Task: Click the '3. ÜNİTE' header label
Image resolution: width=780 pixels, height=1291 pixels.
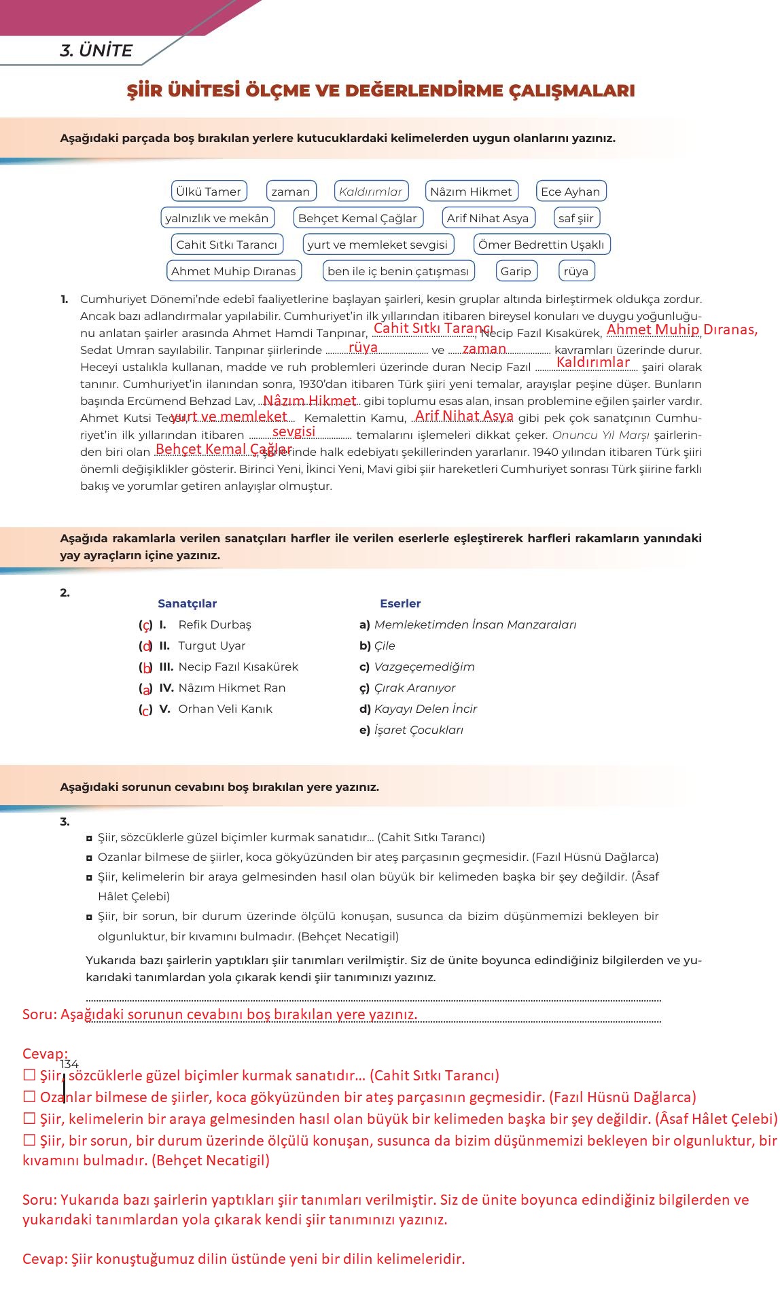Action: coord(96,51)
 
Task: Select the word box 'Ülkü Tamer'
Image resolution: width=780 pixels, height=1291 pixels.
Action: coord(209,192)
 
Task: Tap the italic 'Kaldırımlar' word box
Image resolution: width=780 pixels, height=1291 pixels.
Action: coord(371,192)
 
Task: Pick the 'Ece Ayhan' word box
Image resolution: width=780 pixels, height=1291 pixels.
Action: coord(570,192)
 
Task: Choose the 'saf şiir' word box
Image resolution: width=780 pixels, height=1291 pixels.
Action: coord(575,218)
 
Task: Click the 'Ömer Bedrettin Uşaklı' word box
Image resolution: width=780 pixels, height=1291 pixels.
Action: coord(541,245)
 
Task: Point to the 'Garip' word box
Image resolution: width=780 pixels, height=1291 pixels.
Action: coord(516,271)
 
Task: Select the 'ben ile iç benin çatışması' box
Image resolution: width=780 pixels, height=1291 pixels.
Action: coord(397,271)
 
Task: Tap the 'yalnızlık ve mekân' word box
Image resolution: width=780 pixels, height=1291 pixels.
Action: coord(217,218)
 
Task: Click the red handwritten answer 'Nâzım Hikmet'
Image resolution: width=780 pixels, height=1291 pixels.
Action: coord(309,401)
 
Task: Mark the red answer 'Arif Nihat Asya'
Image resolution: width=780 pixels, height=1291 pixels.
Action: coord(464,416)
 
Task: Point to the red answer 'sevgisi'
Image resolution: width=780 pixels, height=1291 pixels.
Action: coord(294,431)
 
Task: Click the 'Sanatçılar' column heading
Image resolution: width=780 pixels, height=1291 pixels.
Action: coord(187,603)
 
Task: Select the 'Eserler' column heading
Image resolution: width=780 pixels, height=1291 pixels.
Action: coord(400,603)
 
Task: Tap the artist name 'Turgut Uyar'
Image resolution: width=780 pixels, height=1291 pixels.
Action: coord(211,645)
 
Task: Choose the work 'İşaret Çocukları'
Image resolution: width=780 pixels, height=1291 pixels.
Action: coord(419,730)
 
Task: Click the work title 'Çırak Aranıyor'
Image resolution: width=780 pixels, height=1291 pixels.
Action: coord(414,688)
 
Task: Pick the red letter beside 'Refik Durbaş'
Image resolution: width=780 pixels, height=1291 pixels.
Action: coord(146,625)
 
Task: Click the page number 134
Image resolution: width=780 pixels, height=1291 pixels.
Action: coord(69,1064)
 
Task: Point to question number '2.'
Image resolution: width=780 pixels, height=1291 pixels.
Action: coord(65,593)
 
